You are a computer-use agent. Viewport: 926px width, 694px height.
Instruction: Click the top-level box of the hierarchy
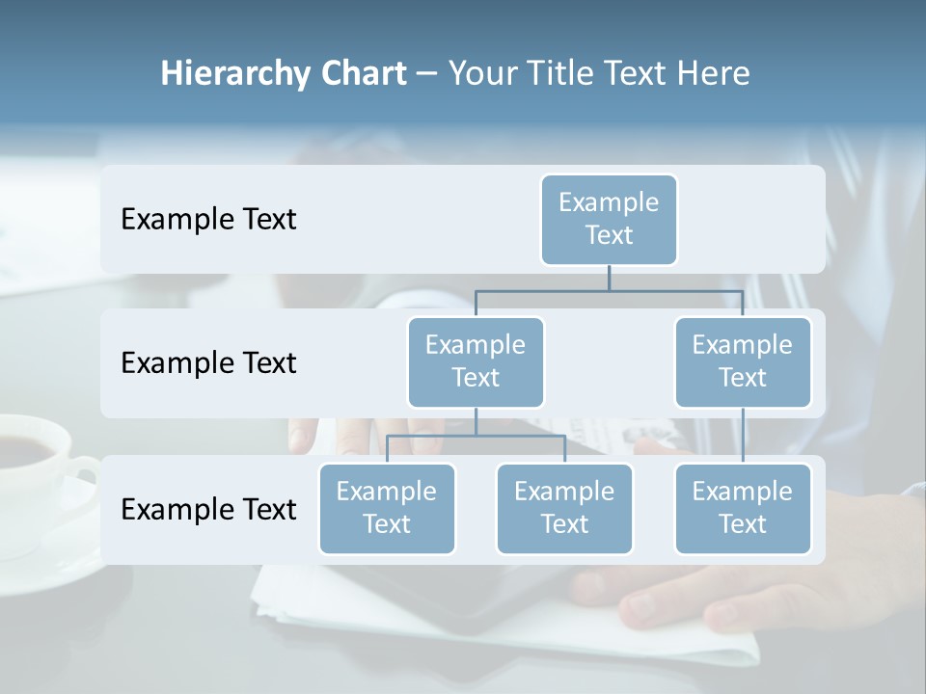tap(609, 219)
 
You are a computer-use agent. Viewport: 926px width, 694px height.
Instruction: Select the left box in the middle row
tap(476, 361)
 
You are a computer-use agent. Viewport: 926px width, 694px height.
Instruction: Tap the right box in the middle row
tap(743, 361)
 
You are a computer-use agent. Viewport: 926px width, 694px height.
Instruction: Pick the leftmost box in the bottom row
tap(387, 508)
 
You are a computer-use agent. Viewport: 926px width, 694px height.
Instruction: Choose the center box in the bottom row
tap(564, 508)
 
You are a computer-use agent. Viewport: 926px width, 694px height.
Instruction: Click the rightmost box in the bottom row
tap(743, 508)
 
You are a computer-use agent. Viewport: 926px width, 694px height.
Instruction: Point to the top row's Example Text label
tap(208, 219)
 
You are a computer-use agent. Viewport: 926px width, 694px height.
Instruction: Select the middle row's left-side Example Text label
tap(208, 362)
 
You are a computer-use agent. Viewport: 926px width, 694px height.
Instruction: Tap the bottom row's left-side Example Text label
tap(208, 509)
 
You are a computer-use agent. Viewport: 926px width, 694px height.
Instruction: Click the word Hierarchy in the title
tap(235, 73)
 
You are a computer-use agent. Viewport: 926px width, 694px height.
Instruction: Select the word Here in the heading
tap(713, 73)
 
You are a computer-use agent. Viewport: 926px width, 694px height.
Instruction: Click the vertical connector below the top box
tap(609, 278)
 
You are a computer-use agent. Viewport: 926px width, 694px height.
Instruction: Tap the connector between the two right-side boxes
tap(743, 436)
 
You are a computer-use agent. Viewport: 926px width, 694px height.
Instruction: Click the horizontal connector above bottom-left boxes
tap(476, 436)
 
